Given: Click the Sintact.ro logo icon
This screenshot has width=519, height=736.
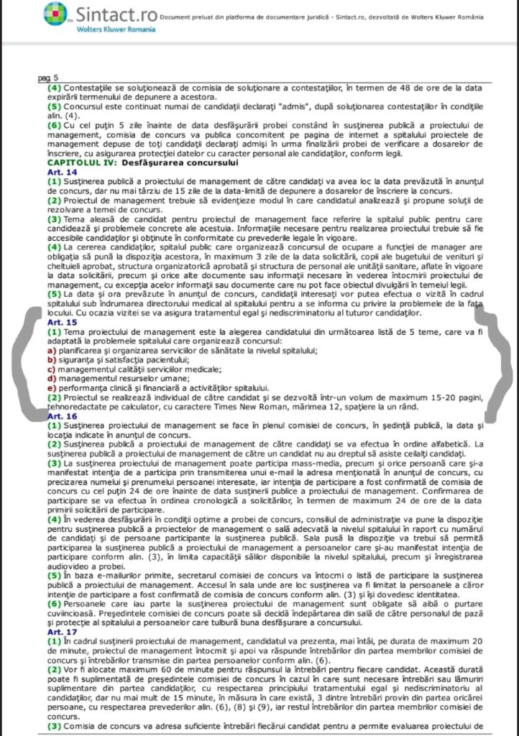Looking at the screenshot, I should tap(55, 14).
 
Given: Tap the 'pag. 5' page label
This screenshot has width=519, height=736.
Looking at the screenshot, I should tap(49, 78).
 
